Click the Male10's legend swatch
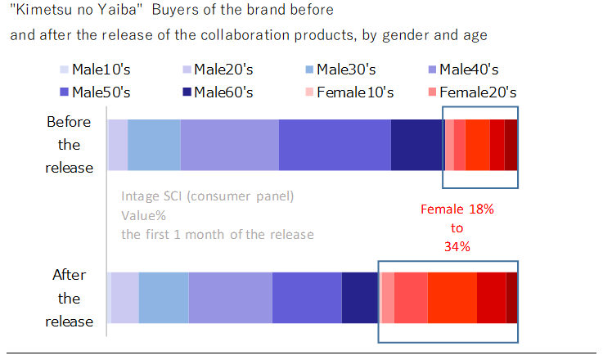(65, 70)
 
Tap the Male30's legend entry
(346, 70)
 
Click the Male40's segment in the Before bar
(229, 145)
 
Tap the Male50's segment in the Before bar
(335, 145)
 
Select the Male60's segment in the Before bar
(417, 145)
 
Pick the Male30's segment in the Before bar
(154, 145)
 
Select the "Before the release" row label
(69, 145)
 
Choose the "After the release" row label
(69, 298)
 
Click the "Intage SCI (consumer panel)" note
(207, 196)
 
